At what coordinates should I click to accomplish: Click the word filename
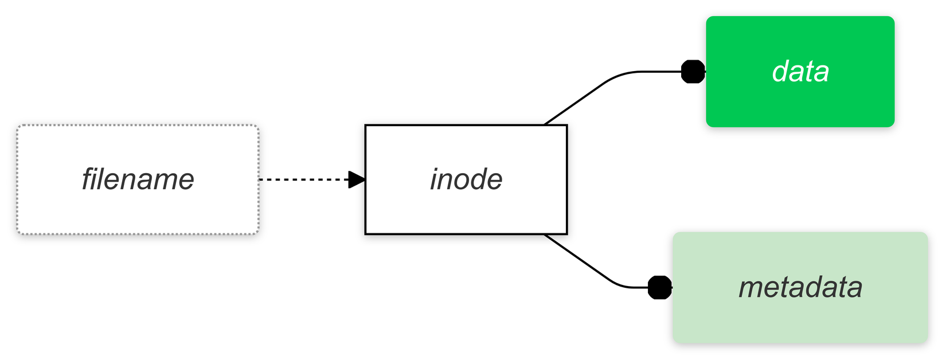[x=138, y=179]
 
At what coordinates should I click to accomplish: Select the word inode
[x=466, y=179]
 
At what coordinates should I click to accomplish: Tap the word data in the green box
[x=800, y=72]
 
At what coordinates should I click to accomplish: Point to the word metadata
[x=800, y=287]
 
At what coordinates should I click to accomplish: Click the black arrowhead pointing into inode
[x=357, y=179]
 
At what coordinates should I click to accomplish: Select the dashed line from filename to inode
[x=304, y=179]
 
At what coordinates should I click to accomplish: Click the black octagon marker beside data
[x=693, y=72]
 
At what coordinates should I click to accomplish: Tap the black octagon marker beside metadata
[x=660, y=287]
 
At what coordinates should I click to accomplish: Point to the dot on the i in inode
[x=437, y=169]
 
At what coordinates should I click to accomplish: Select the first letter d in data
[x=780, y=72]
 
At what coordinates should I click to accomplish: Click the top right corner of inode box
[x=566, y=125]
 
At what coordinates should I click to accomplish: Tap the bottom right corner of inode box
[x=566, y=234]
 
